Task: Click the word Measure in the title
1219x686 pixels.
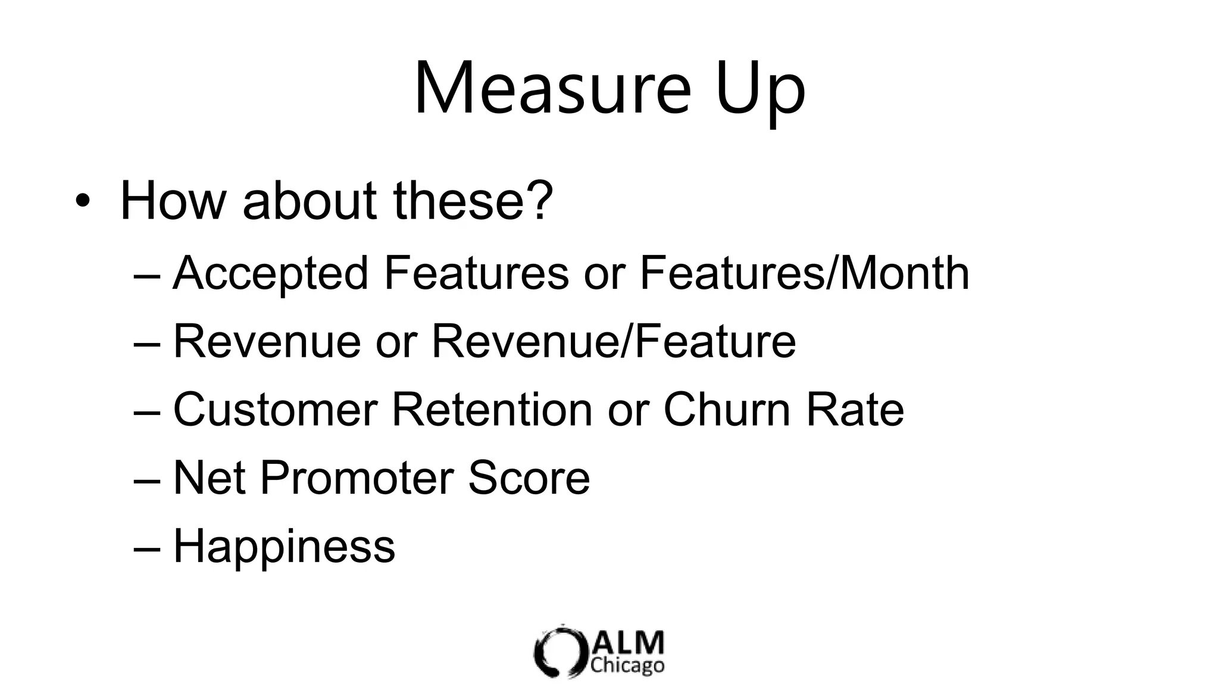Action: click(552, 88)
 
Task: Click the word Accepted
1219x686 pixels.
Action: click(271, 274)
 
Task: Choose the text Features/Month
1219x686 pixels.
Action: click(804, 273)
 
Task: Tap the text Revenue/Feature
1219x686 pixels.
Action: click(614, 341)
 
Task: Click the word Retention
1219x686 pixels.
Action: click(492, 410)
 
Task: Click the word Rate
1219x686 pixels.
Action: click(855, 410)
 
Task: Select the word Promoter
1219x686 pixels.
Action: click(356, 478)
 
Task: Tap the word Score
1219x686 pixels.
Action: click(529, 478)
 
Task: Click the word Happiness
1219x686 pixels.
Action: click(284, 547)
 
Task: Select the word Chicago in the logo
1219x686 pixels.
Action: click(627, 665)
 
